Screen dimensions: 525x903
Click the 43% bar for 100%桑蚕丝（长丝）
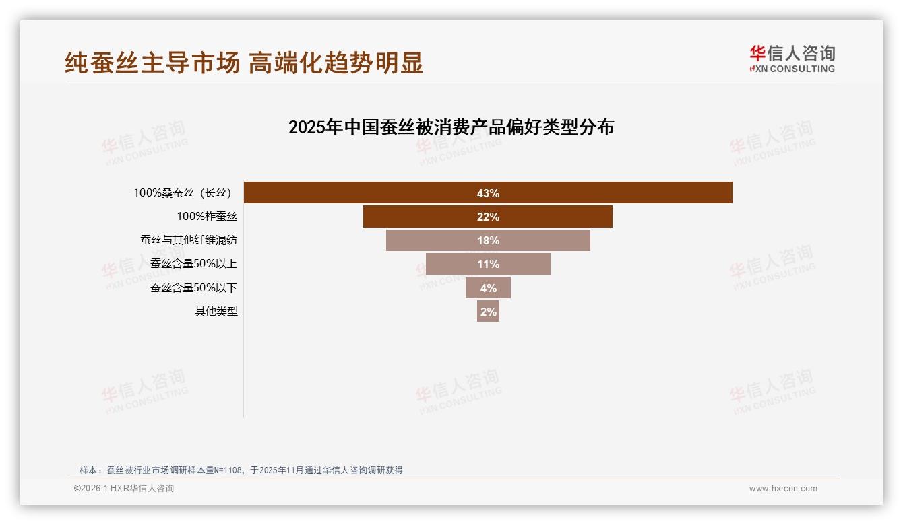click(606, 193)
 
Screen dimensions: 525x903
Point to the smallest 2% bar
click(488, 311)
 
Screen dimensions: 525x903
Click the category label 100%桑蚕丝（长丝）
click(184, 193)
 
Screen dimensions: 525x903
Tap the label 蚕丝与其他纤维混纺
click(188, 240)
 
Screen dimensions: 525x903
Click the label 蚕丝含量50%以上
click(193, 264)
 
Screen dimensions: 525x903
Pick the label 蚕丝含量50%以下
click(193, 287)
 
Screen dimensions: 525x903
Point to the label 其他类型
click(216, 311)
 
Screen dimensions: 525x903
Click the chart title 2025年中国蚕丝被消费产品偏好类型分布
click(451, 127)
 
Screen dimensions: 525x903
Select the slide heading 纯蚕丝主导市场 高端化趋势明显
click(244, 63)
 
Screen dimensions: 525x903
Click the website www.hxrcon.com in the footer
click(783, 489)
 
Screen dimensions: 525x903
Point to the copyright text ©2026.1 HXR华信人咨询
click(124, 489)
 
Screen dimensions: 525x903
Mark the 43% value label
click(488, 193)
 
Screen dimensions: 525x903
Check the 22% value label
click(488, 217)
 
